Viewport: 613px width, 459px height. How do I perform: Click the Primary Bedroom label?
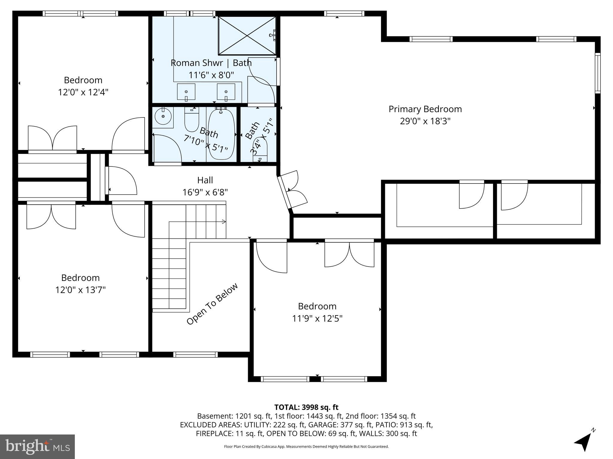click(x=425, y=109)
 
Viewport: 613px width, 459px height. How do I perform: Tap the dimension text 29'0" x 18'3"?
click(x=425, y=121)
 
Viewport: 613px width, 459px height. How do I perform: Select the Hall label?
click(x=205, y=180)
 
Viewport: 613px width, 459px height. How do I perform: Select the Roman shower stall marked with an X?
click(x=247, y=36)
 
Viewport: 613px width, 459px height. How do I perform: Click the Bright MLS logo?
click(x=37, y=446)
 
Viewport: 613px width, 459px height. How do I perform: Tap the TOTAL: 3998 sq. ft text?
click(x=306, y=407)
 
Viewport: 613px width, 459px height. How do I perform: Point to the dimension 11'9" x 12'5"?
click(x=317, y=319)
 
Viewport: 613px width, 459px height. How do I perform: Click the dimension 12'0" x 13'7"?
click(x=81, y=290)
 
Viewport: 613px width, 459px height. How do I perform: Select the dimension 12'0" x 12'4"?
click(x=83, y=92)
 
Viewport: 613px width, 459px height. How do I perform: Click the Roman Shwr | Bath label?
click(x=211, y=63)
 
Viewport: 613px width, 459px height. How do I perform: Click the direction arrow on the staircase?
click(x=223, y=222)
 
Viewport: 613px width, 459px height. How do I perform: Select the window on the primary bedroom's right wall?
click(x=597, y=73)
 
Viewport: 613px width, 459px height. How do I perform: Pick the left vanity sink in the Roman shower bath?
click(x=186, y=92)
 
